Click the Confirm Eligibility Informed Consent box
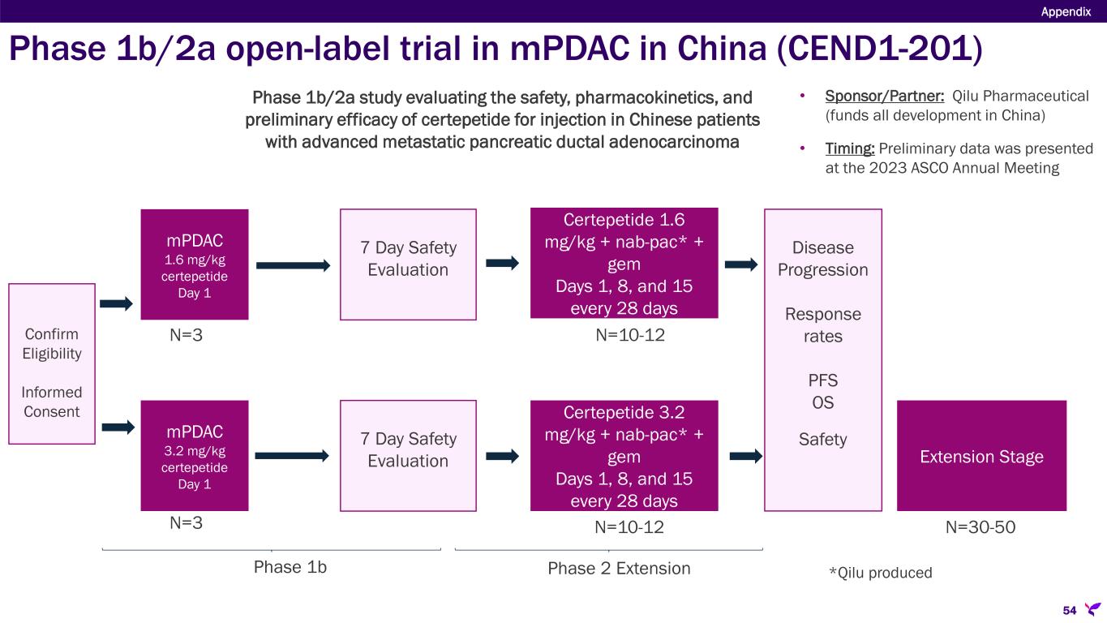pos(52,363)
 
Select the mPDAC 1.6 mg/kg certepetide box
pos(195,264)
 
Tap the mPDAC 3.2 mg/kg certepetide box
pos(195,455)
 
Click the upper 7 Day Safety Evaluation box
pos(407,264)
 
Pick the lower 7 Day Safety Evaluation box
pos(407,455)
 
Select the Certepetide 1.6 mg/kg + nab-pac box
pos(624,264)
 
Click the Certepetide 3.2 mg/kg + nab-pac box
pos(624,455)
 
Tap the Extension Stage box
pos(981,456)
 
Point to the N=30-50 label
pos(980,527)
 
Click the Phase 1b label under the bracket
pos(290,568)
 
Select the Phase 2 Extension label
pos(619,568)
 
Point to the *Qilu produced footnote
pos(880,573)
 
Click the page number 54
pos(1069,609)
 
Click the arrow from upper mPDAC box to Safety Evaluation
pos(293,265)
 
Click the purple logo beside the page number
pos(1092,608)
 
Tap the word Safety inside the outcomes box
pos(822,440)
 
